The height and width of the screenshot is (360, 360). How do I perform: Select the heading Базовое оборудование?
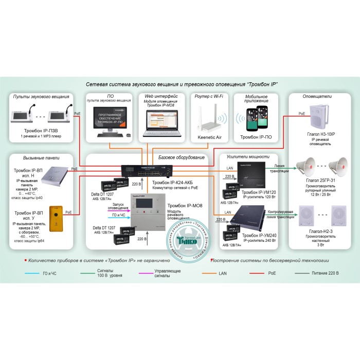coord(178,157)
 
